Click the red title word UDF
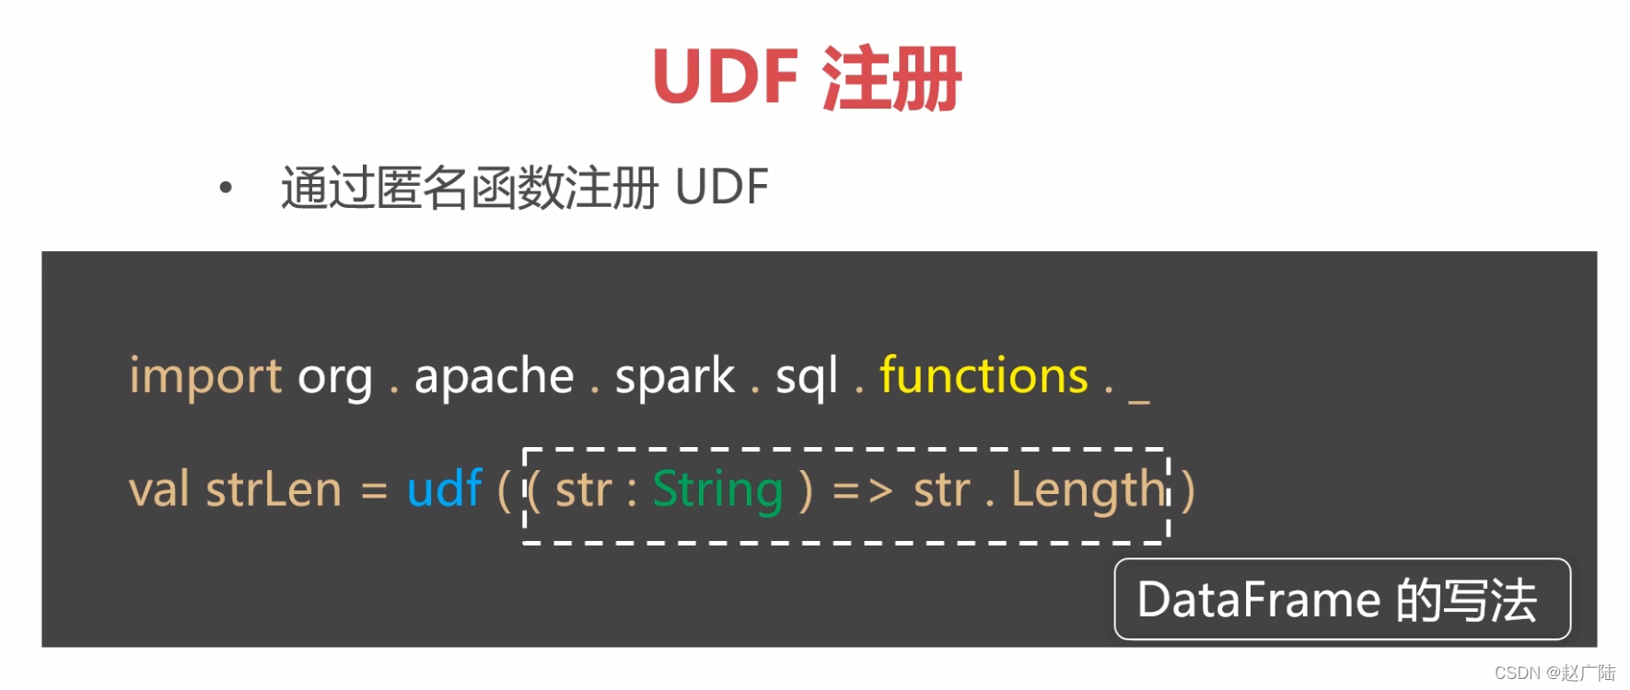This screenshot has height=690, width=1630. point(725,76)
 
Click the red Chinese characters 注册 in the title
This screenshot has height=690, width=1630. point(891,78)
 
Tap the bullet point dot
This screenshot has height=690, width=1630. point(226,189)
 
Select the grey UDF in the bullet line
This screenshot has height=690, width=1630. point(721,188)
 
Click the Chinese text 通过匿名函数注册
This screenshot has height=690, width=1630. point(470,188)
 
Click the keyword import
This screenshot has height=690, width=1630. point(205,376)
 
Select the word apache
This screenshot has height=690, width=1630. point(494,376)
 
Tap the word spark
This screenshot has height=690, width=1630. point(674,377)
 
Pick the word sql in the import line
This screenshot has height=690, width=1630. point(807,377)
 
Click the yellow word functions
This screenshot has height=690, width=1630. point(984,375)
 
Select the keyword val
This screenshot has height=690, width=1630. point(158,489)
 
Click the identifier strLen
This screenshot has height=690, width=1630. point(274,489)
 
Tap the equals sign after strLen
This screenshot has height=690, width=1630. point(374,490)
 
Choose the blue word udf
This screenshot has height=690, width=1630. point(444,489)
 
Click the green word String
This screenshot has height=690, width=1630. point(717,489)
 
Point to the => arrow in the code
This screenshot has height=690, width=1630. point(863,490)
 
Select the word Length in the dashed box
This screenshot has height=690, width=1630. point(1089,490)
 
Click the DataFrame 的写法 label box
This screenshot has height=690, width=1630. point(1342,599)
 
